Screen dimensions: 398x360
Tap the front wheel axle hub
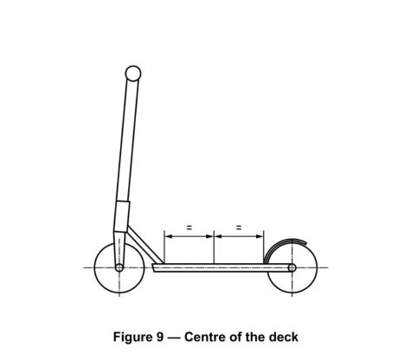(119, 267)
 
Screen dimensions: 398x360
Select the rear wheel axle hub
(292, 267)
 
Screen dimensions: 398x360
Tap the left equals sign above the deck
(189, 228)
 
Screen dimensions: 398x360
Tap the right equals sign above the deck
(239, 228)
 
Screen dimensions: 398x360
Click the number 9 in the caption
(160, 337)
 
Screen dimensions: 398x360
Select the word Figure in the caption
(133, 337)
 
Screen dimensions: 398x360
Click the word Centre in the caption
(205, 337)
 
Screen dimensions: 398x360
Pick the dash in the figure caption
(174, 337)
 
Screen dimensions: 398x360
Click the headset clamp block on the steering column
(122, 216)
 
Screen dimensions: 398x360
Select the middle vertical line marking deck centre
(214, 247)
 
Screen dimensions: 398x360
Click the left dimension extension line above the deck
(164, 247)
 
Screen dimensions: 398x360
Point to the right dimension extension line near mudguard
(264, 247)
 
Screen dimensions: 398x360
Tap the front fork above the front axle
(119, 248)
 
